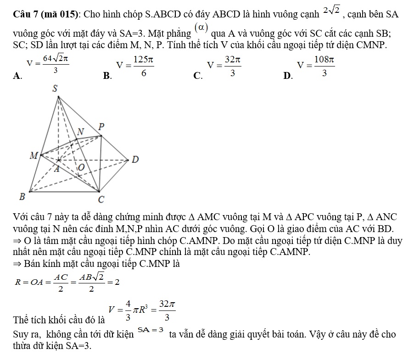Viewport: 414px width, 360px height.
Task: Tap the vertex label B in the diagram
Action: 21,197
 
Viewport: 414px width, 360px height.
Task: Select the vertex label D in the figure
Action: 134,160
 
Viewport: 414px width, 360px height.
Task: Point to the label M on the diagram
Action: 33,155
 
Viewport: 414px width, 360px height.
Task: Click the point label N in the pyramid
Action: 81,132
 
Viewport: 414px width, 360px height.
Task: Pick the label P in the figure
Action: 102,126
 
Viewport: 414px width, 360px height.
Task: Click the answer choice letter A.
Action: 18,77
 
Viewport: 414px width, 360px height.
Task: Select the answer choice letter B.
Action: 107,77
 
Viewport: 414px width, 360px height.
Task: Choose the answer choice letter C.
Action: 198,77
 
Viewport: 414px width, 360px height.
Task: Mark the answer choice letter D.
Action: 288,77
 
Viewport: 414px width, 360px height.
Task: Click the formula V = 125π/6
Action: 135,67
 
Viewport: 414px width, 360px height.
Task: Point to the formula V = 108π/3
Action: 316,67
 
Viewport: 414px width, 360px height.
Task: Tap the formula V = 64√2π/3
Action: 48,64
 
